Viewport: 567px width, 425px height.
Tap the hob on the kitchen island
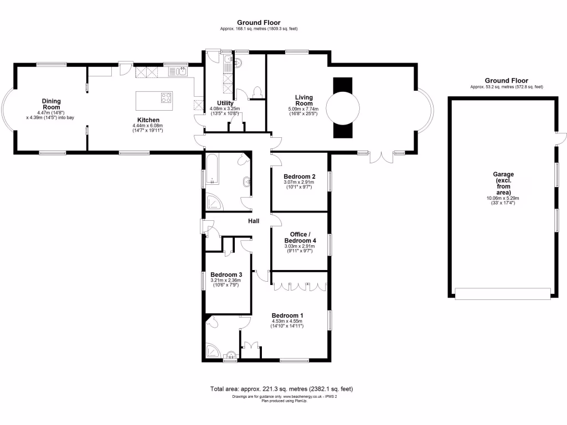pyautogui.click(x=166, y=98)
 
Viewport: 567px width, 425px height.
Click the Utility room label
pyautogui.click(x=225, y=103)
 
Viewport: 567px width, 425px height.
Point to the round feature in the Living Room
pyautogui.click(x=342, y=107)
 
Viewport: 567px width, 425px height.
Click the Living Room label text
pyautogui.click(x=303, y=100)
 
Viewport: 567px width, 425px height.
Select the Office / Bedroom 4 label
pyautogui.click(x=300, y=237)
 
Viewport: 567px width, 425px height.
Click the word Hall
pyautogui.click(x=254, y=221)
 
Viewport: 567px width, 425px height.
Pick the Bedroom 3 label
pyautogui.click(x=226, y=274)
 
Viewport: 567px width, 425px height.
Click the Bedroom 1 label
pyautogui.click(x=287, y=315)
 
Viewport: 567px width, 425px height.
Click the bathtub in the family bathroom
pyautogui.click(x=212, y=170)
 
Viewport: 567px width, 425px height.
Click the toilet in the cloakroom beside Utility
pyautogui.click(x=256, y=92)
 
